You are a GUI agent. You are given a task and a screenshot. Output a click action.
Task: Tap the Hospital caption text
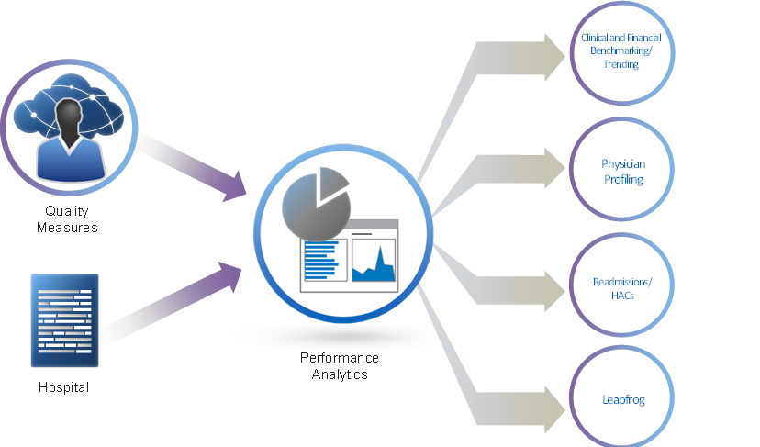click(64, 387)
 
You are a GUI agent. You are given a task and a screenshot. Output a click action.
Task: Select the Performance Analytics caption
click(339, 366)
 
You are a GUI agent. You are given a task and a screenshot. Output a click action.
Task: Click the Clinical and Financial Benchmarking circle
click(621, 52)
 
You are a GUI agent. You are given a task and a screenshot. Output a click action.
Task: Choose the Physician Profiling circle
click(622, 172)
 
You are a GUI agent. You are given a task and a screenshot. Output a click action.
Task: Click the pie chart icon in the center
click(316, 198)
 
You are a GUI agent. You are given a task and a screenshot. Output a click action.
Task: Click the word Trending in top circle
click(621, 65)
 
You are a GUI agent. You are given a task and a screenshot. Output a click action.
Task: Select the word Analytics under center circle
click(339, 374)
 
